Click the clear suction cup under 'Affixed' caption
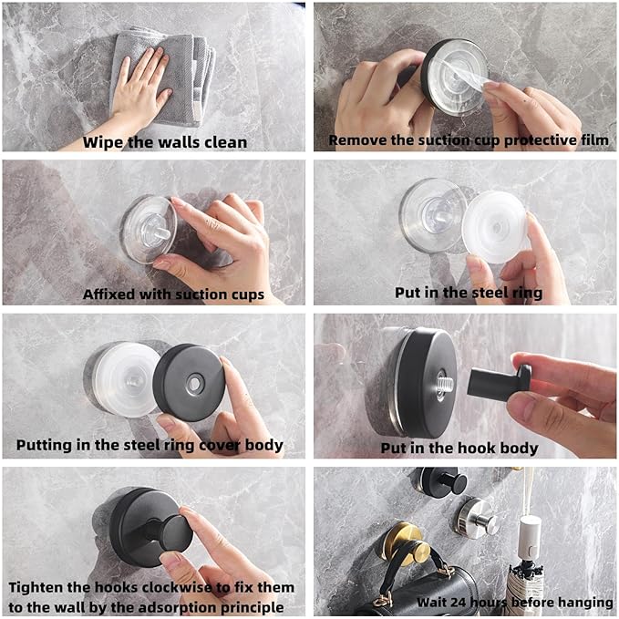(149, 230)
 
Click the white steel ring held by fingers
(495, 227)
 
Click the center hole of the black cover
(194, 383)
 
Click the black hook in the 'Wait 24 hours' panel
(443, 481)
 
